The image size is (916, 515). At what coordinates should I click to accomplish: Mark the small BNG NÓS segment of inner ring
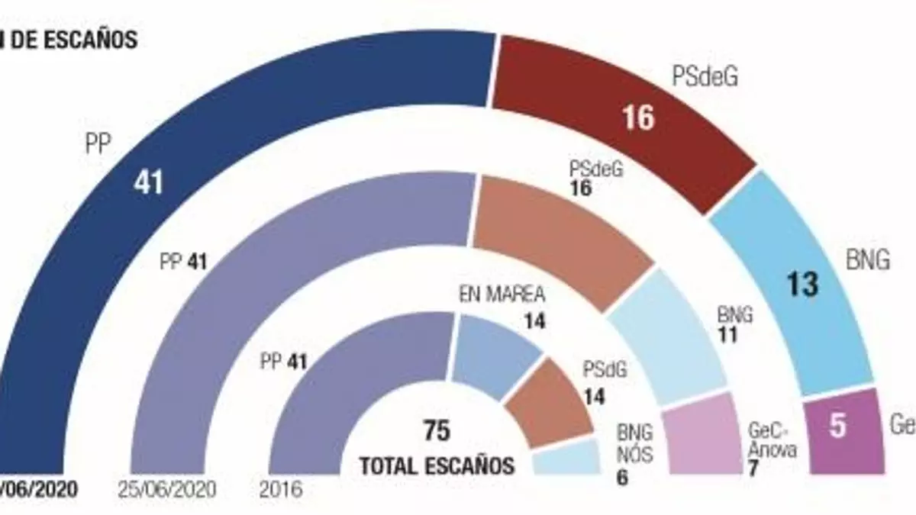565,458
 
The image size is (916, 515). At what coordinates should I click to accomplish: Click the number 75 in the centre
437,431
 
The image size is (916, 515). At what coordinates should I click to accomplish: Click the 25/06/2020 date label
169,489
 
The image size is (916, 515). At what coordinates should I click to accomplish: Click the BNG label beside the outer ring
868,261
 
